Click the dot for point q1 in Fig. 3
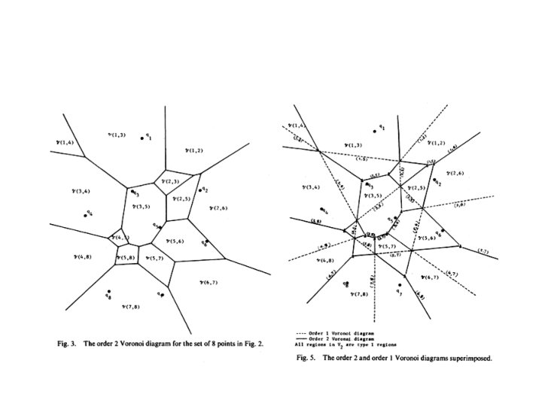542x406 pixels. (142, 138)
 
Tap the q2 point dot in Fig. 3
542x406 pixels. (200, 191)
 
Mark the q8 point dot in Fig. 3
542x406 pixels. (109, 292)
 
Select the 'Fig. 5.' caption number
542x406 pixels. (304, 358)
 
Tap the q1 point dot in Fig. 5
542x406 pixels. (374, 130)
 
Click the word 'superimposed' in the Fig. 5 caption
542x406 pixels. (467, 358)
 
